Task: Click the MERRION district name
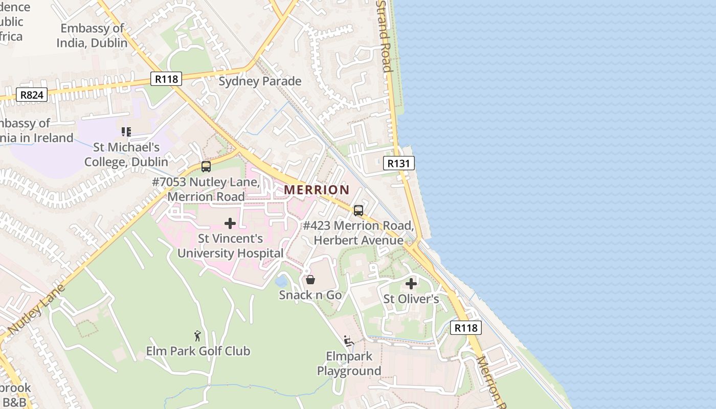(x=317, y=190)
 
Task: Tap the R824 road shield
(x=32, y=95)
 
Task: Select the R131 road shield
(x=398, y=163)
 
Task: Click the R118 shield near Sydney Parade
(x=167, y=79)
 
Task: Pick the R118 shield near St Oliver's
(x=466, y=328)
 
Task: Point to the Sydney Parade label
(x=260, y=81)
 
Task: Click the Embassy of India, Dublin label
(x=92, y=35)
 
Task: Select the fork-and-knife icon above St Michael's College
(x=126, y=132)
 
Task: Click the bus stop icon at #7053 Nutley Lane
(x=206, y=166)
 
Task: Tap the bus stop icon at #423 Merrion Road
(x=359, y=210)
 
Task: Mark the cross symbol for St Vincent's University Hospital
(x=230, y=223)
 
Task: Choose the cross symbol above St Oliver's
(x=411, y=284)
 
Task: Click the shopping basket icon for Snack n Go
(x=310, y=280)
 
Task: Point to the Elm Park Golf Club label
(x=198, y=351)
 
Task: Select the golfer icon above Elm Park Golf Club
(x=197, y=336)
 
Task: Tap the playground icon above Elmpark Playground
(x=349, y=341)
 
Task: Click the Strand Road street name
(x=384, y=36)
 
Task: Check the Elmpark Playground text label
(x=349, y=363)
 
